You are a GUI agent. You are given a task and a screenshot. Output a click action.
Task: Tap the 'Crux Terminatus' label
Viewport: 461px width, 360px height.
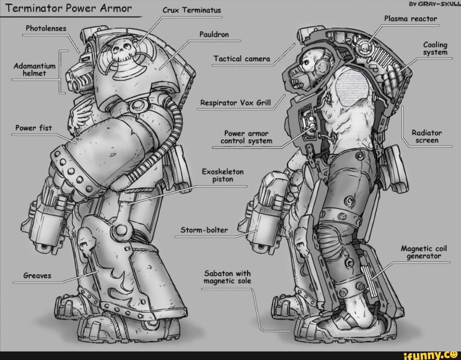193,11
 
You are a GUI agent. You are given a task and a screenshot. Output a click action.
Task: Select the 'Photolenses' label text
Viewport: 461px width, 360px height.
46,28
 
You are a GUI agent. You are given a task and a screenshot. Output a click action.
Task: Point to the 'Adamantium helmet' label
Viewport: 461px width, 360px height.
35,70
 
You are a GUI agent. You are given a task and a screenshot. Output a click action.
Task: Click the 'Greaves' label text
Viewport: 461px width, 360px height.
37,276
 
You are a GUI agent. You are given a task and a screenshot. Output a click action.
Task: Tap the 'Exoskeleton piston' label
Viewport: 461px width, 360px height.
222,175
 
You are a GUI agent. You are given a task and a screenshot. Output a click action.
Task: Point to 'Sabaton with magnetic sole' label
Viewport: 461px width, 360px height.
227,277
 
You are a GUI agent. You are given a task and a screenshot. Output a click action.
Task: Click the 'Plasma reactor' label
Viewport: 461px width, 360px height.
410,19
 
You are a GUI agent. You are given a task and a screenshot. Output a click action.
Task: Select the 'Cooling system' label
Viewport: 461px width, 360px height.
435,49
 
